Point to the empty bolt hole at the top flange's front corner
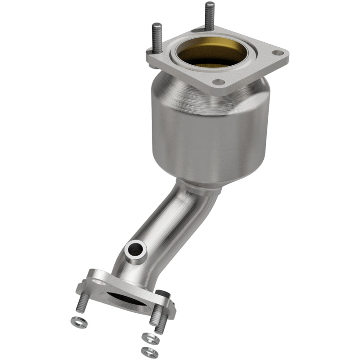pyautogui.click(x=218, y=82)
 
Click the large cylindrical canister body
pyautogui.click(x=198, y=135)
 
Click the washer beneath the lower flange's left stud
pyautogui.click(x=79, y=323)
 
